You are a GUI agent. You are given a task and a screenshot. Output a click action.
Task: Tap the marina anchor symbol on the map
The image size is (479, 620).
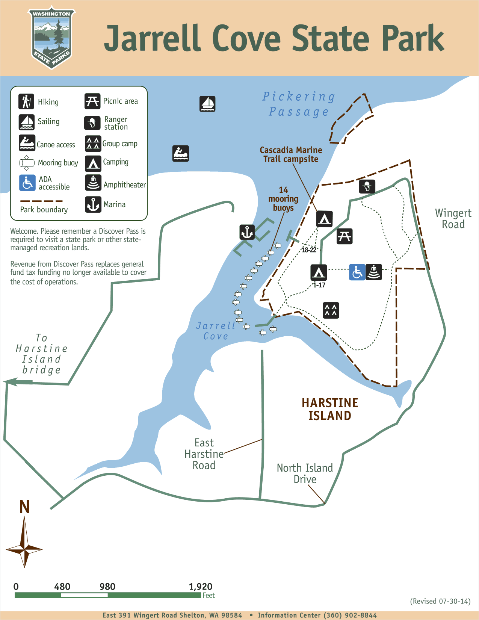coord(247,232)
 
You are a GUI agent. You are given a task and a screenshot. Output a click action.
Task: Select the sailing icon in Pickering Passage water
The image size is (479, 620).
coord(207,104)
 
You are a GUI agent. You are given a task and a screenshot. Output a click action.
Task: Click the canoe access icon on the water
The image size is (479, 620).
coord(181,153)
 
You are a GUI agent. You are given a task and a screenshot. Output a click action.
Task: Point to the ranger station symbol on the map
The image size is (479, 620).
coord(367,186)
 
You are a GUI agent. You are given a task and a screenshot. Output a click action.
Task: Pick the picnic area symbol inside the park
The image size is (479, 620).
coord(345,236)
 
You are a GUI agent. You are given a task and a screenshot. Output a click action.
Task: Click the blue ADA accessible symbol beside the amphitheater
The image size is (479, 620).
coord(357,272)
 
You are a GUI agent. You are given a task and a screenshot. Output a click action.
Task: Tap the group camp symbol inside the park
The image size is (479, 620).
coord(331,310)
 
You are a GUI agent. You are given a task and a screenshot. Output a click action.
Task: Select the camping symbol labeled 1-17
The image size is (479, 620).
coord(319,272)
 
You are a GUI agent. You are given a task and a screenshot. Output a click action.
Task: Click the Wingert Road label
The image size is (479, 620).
coord(453,219)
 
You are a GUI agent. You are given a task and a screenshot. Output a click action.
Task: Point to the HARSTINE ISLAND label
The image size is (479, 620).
coord(330,409)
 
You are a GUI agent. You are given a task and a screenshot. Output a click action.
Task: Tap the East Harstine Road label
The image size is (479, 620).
coord(204,454)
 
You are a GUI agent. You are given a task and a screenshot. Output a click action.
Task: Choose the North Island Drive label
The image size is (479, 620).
coord(305,473)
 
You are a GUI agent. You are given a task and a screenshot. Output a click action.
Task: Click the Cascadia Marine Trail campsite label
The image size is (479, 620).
coord(291,154)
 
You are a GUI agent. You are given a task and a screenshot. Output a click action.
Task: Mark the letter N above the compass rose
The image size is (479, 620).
coord(24,507)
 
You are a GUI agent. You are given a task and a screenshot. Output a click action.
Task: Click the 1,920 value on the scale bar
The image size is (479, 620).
coord(201,587)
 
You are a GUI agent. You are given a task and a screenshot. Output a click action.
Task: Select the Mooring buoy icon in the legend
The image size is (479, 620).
coord(27,163)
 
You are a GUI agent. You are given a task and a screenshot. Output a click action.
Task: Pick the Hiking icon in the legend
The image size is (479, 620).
coord(26,101)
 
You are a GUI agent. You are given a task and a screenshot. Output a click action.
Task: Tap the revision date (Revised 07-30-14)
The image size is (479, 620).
coord(440,601)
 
